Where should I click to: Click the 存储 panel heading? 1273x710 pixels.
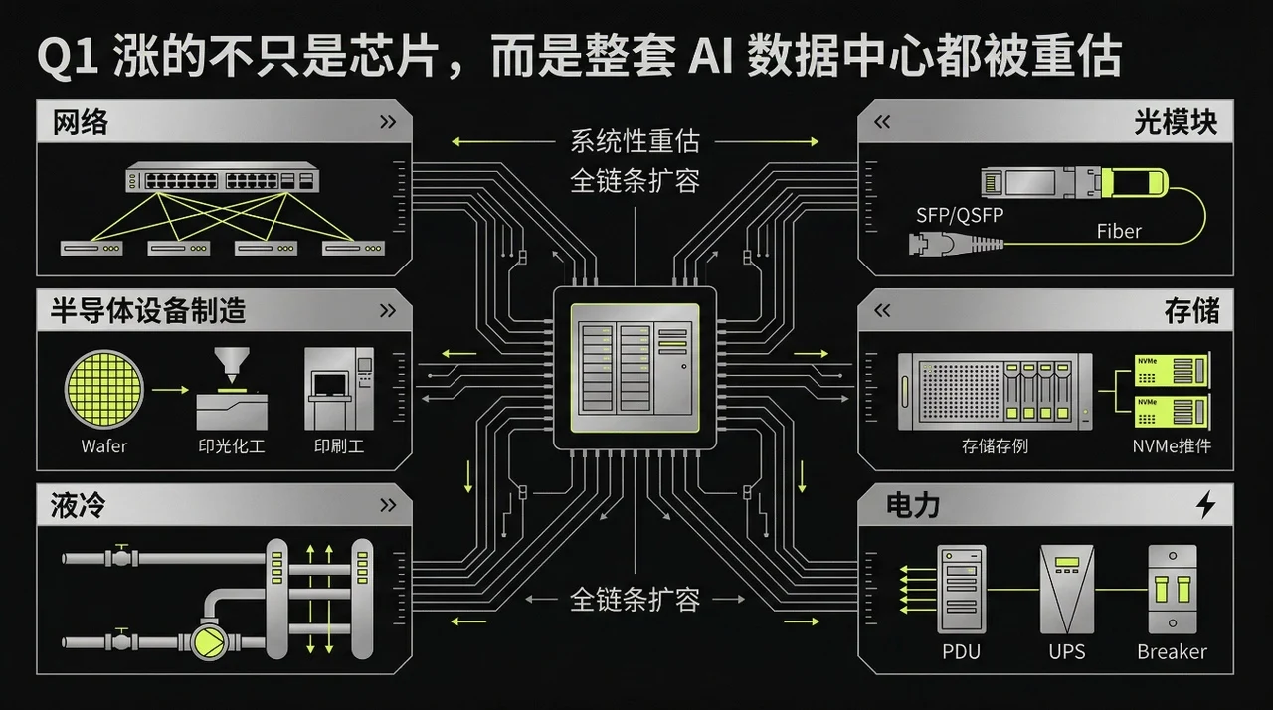coord(1191,311)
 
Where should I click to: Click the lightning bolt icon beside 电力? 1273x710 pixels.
coord(1205,505)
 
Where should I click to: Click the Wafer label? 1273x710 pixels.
coord(104,446)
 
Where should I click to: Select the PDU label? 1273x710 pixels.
coord(961,652)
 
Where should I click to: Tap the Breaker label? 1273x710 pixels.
coord(1172,652)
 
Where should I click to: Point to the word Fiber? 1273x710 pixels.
coord(1119,231)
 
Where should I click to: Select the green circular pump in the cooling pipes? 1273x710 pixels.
coord(210,641)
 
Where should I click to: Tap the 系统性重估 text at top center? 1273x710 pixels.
coord(635,141)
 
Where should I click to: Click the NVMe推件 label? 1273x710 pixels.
coord(1172,446)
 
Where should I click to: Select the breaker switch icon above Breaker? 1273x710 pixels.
coord(1171,589)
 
